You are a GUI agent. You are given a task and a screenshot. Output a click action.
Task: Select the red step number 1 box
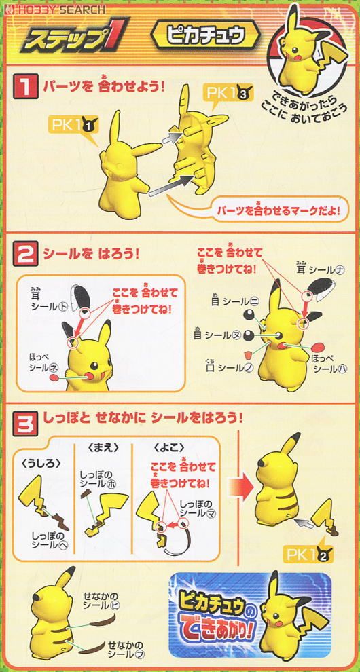pyautogui.click(x=24, y=88)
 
